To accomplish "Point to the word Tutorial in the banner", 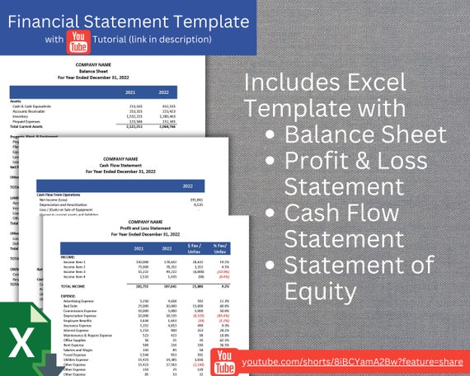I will tap(121, 39).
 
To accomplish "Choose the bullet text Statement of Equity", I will tap(363, 277).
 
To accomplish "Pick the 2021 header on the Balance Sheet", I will tap(129, 92).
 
